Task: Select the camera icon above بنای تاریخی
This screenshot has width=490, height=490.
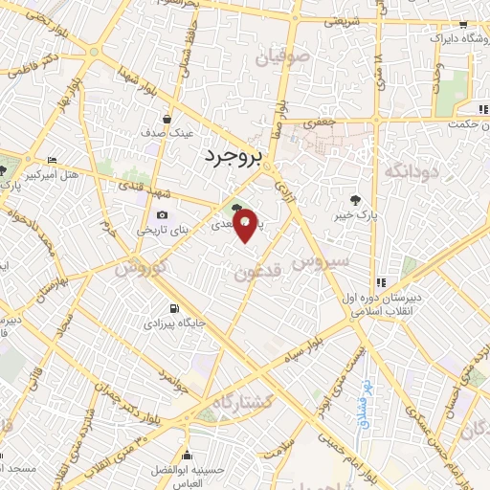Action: pos(162,214)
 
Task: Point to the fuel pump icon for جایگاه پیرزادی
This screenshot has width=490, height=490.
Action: pos(173,308)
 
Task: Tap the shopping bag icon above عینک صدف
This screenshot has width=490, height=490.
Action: pos(168,119)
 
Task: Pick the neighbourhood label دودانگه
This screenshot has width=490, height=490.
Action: pos(410,173)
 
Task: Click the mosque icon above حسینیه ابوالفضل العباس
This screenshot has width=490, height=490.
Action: pos(187,455)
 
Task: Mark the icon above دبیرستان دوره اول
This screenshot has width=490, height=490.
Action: pos(382,282)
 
